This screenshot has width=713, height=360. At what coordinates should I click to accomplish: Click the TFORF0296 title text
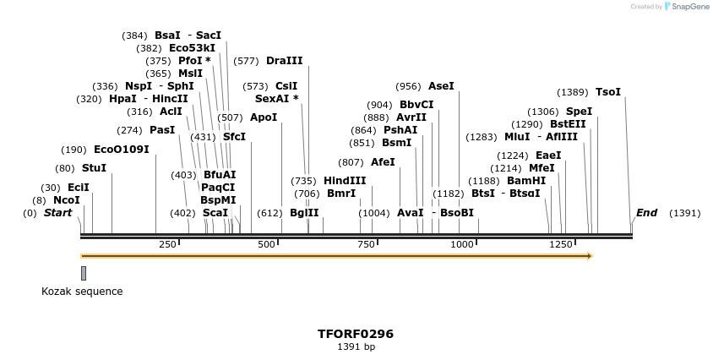click(x=356, y=334)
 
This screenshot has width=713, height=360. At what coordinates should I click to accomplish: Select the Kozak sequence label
click(x=82, y=292)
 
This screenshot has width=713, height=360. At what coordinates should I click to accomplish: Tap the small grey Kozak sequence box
click(x=84, y=273)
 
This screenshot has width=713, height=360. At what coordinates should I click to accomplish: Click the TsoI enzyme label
click(x=607, y=92)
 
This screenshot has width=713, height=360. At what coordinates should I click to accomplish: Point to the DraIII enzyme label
click(x=284, y=61)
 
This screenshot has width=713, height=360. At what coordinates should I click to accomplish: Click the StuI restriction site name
click(x=94, y=168)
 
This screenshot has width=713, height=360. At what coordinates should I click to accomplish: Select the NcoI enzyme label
click(x=66, y=200)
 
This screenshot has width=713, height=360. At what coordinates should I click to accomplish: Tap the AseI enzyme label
click(x=441, y=86)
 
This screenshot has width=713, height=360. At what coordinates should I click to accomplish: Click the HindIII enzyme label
click(x=345, y=181)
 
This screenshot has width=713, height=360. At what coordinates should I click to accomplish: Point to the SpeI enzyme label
click(x=579, y=112)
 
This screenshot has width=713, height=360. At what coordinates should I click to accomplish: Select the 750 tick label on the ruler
click(x=365, y=244)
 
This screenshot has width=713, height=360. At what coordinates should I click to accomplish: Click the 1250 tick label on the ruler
click(x=561, y=244)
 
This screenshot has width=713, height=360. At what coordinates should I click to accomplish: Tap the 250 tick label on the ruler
click(x=167, y=244)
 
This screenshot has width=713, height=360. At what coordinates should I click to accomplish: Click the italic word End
click(x=646, y=213)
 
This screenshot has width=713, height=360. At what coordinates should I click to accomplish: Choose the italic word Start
click(x=57, y=213)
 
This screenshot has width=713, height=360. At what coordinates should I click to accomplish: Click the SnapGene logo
click(x=687, y=7)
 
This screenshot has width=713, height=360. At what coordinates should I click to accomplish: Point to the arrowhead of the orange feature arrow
click(x=589, y=255)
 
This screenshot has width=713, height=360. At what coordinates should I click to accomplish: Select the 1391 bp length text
click(x=356, y=346)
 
